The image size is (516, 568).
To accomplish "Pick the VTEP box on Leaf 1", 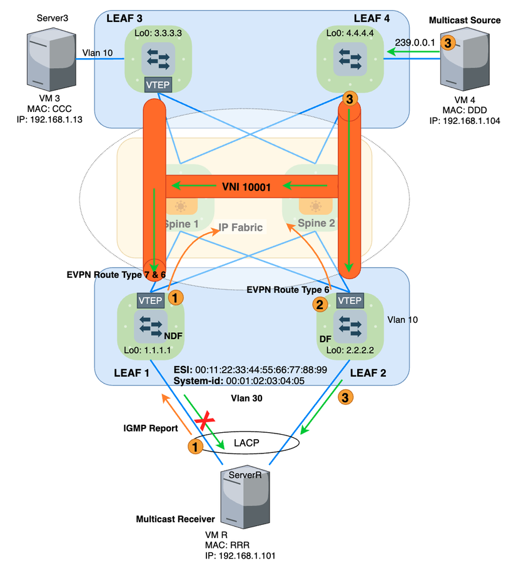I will (x=150, y=301).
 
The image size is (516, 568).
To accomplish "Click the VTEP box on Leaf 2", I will (x=350, y=301).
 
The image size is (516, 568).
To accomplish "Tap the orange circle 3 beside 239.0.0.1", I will (x=447, y=43).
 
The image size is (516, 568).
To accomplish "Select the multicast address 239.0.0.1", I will (x=415, y=43).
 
